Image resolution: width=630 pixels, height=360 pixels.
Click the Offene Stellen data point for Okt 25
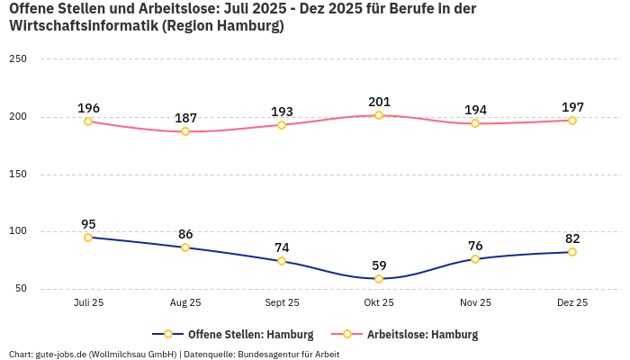pos(379,279)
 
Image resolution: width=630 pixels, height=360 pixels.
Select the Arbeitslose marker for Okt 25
pos(379,115)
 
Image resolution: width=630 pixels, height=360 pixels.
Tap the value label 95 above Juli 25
pos(88,224)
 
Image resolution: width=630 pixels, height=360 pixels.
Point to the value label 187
pos(185,118)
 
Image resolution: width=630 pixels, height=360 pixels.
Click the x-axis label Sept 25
pos(282,303)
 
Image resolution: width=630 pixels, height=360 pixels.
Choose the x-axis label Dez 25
pos(572,303)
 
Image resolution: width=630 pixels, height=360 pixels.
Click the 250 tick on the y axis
pos(18,59)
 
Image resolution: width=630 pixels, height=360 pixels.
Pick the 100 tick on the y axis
pos(18,231)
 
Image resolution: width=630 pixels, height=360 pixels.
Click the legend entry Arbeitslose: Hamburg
pos(422,335)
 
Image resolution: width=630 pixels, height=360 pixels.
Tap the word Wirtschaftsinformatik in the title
pos(83,26)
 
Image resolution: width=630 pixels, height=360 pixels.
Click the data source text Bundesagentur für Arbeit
pos(289,355)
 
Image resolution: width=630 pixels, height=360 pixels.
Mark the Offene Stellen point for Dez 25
pos(572,252)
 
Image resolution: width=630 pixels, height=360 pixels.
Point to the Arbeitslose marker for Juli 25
pos(88,121)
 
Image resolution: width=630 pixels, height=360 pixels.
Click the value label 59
pos(379,265)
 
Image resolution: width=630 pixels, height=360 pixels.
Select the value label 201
pos(379,102)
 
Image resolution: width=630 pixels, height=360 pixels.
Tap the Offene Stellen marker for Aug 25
pos(185,247)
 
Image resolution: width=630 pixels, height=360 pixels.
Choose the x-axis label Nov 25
pos(475,303)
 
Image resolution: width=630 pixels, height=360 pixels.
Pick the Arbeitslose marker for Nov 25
pos(475,123)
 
